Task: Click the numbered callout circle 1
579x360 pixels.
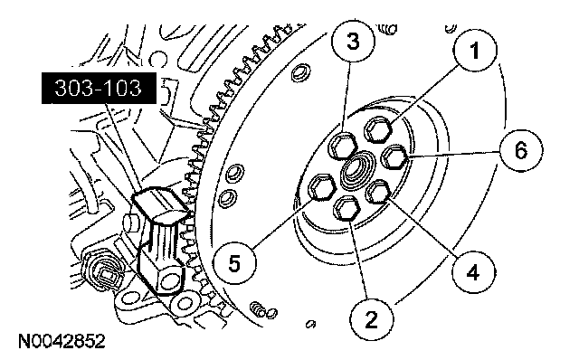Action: (475, 50)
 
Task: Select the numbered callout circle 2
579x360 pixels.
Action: (372, 320)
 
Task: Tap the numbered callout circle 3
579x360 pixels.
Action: (353, 40)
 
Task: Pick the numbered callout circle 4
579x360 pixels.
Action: (473, 271)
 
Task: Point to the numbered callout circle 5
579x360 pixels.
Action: (235, 263)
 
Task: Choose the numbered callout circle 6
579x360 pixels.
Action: (521, 150)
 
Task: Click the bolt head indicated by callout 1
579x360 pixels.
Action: (378, 129)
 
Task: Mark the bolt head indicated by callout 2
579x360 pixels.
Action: (346, 208)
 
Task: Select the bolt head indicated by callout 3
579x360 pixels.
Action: (343, 145)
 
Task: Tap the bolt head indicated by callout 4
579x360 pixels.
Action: (378, 192)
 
